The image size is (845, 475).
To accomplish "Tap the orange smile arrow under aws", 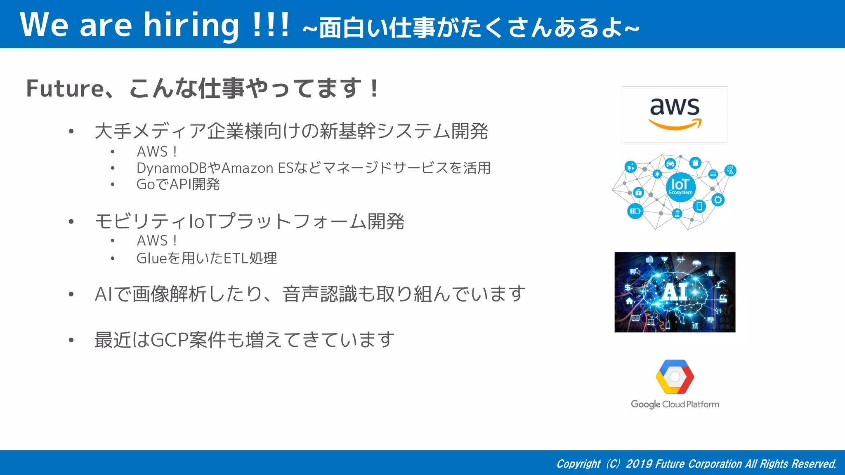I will point(675,125).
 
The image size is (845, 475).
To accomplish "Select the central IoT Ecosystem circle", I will point(680,187).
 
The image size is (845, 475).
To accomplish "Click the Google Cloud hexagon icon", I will point(675,376).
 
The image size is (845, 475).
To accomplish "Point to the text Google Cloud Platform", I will point(675,404).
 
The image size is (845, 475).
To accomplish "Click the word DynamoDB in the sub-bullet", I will point(171,168).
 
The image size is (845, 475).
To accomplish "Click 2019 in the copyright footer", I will point(639,464).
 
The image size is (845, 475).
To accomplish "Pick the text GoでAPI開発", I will point(178,184).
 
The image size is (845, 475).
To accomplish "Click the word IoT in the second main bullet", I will point(202,221).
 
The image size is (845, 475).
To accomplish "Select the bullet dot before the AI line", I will point(71,294).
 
